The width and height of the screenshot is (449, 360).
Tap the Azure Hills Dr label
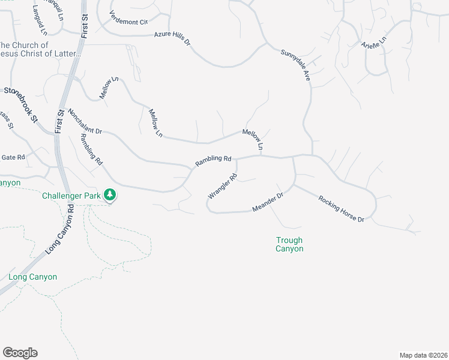[x=172, y=39]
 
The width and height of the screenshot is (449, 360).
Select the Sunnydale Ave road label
[x=295, y=65]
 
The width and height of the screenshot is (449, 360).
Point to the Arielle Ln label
[x=375, y=43]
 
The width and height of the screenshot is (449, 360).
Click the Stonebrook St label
[x=20, y=105]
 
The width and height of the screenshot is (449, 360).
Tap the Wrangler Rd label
[x=223, y=186]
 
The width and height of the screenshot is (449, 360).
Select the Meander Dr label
[x=268, y=202]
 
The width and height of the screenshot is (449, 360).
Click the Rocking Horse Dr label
[x=342, y=209]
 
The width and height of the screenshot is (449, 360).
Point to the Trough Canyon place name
[x=289, y=244]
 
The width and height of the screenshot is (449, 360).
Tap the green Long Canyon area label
[x=32, y=277]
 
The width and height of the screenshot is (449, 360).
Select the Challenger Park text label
[x=71, y=196]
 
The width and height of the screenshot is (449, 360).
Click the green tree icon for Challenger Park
[x=109, y=194]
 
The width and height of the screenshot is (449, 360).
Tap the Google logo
[x=20, y=353]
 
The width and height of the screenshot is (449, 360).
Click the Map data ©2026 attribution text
[x=423, y=355]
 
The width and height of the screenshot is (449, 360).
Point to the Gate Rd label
[x=13, y=157]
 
